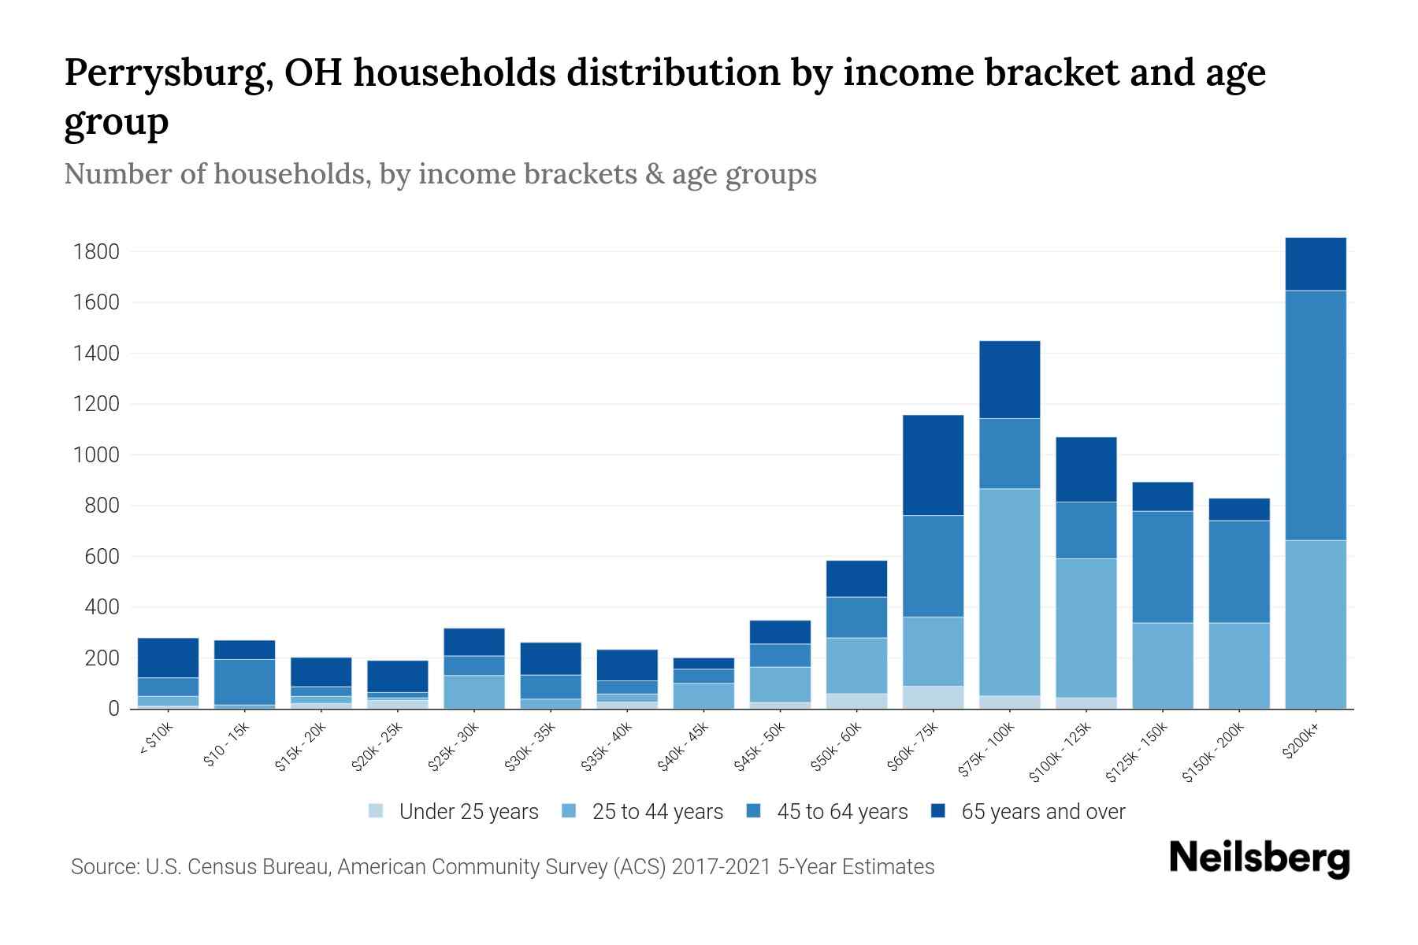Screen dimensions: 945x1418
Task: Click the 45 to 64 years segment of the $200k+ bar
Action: [x=1315, y=415]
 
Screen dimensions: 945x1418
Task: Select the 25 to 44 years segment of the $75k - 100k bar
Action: [x=1009, y=591]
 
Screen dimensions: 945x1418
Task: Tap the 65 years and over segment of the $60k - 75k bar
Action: [x=933, y=465]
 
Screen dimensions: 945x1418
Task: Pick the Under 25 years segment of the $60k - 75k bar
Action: [x=933, y=697]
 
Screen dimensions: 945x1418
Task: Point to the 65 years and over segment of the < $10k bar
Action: [x=168, y=658]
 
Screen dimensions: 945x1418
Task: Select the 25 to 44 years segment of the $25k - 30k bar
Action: [x=473, y=691]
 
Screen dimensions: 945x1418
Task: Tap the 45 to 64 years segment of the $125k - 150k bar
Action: [x=1162, y=567]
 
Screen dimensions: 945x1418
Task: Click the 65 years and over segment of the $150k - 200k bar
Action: [x=1238, y=510]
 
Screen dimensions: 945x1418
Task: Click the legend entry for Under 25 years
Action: [x=454, y=811]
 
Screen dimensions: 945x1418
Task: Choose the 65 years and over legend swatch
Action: [x=939, y=811]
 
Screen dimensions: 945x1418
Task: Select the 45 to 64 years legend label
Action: [x=842, y=811]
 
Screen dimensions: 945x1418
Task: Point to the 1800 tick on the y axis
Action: [x=96, y=252]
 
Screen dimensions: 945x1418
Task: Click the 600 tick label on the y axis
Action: [x=102, y=557]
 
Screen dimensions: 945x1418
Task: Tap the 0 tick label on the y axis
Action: [x=114, y=709]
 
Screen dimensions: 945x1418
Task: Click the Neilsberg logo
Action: [x=1259, y=858]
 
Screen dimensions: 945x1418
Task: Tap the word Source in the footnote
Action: [x=103, y=867]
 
